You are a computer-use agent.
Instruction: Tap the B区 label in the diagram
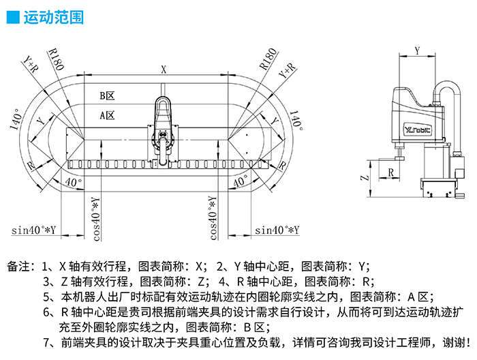coord(106,95)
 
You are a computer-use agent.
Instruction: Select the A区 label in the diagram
coord(106,115)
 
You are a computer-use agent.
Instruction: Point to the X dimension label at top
coord(164,69)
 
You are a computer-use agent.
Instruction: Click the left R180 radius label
coord(55,59)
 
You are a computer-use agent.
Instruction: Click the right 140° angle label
coord(296,119)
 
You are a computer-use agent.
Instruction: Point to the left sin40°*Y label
coord(33,230)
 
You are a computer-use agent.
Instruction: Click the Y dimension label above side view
coord(417,50)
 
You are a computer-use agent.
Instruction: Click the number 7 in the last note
coord(46,342)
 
